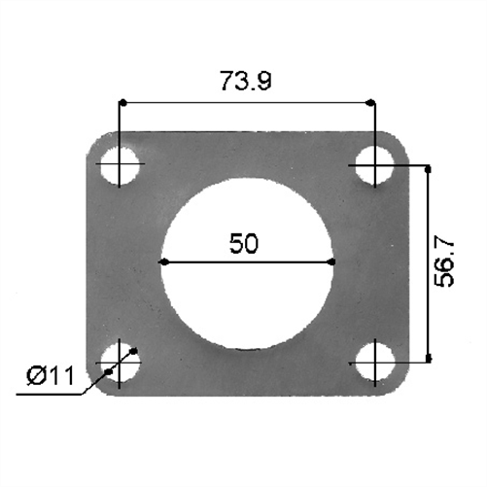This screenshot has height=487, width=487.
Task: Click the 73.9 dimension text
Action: pyautogui.click(x=245, y=82)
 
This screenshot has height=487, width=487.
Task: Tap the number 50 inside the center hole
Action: pyautogui.click(x=244, y=244)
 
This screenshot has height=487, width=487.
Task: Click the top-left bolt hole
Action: pyautogui.click(x=120, y=165)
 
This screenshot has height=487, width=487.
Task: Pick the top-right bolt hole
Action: pyautogui.click(x=372, y=165)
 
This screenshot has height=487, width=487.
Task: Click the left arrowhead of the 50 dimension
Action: pyautogui.click(x=165, y=261)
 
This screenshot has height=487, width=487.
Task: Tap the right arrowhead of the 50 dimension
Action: pyautogui.click(x=330, y=261)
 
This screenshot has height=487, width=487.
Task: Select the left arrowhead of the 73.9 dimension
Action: pyautogui.click(x=124, y=101)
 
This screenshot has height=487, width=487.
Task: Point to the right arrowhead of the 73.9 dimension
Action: pyautogui.click(x=367, y=101)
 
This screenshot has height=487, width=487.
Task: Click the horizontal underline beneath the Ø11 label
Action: pyautogui.click(x=49, y=394)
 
